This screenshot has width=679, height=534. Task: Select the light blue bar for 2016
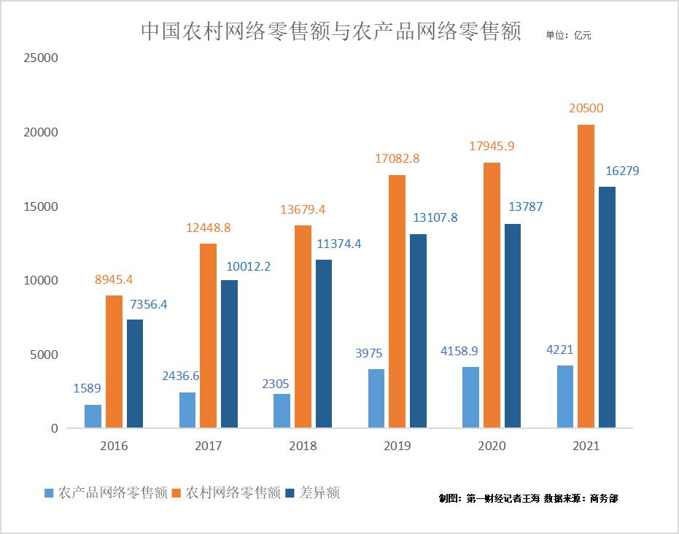(x=93, y=416)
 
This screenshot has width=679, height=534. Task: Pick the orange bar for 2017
(x=208, y=336)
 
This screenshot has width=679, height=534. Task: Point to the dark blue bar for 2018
(x=324, y=343)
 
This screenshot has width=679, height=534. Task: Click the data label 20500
(x=586, y=108)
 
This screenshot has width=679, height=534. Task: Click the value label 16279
(x=623, y=171)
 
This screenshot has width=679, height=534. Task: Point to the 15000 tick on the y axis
(x=40, y=206)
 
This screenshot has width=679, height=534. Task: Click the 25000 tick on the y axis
(x=40, y=58)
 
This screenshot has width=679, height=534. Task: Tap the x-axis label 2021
(x=586, y=446)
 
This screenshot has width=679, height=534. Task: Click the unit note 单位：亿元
(x=568, y=34)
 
